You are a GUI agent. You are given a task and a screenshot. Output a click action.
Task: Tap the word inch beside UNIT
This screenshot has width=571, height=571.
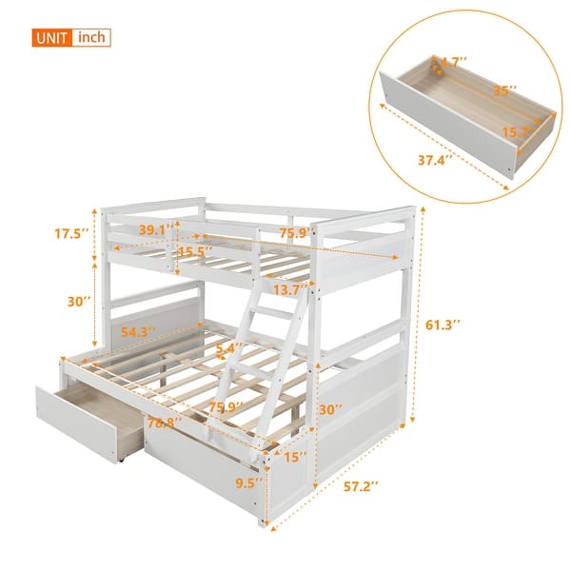91,38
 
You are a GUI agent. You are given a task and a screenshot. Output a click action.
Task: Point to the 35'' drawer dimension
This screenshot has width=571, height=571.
505,92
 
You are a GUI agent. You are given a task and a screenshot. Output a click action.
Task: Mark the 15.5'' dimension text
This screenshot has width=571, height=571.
195,252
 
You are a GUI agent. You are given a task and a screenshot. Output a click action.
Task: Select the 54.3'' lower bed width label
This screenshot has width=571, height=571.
140,332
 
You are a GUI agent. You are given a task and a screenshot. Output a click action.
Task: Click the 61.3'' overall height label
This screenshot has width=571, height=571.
443,325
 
